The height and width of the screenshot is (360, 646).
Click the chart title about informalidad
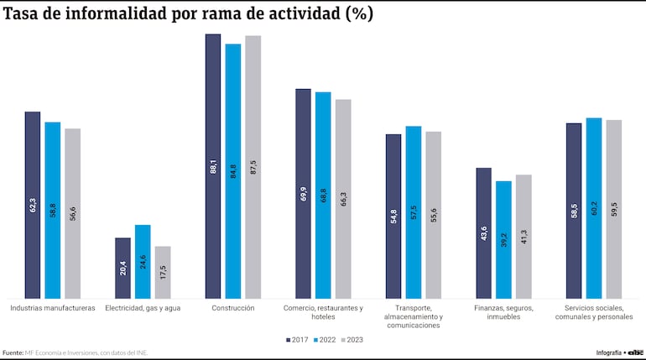[189, 14]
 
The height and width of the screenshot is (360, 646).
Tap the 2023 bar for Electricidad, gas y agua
[163, 272]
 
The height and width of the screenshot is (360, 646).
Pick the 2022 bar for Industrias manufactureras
[52, 210]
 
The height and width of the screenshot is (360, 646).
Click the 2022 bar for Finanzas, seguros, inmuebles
[503, 239]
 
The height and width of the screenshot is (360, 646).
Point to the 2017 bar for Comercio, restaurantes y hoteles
[303, 193]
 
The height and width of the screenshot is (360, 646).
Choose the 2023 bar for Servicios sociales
[613, 209]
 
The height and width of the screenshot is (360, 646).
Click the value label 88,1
[213, 166]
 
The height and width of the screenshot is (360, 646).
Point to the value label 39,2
[503, 240]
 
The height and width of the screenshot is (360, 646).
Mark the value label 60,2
[594, 209]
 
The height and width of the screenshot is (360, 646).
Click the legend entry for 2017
[298, 340]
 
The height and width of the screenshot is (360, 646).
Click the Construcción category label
[232, 308]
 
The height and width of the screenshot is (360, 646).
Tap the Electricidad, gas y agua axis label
[143, 308]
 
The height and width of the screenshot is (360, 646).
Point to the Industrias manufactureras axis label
[52, 308]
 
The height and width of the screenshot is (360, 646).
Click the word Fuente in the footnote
[13, 352]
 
